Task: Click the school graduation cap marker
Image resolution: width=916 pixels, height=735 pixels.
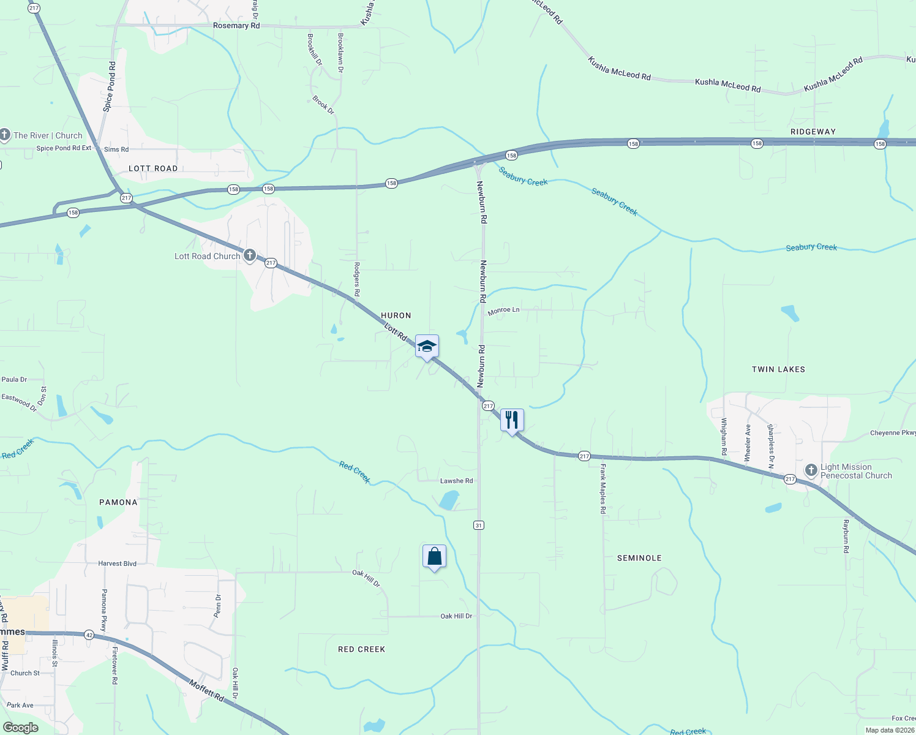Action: (427, 347)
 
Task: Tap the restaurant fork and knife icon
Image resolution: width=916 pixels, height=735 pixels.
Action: (512, 420)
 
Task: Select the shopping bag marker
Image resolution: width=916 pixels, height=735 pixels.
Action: (434, 557)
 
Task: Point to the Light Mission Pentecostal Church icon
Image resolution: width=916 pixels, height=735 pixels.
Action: (811, 470)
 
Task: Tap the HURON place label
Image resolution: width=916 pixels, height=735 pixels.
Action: (396, 315)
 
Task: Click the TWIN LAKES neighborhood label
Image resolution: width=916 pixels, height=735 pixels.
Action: (778, 369)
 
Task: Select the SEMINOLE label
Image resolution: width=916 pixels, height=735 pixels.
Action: (639, 558)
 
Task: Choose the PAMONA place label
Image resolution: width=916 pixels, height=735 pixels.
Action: (119, 502)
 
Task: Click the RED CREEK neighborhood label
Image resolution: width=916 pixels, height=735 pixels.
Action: (362, 649)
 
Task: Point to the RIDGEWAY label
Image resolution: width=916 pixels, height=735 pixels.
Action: (813, 132)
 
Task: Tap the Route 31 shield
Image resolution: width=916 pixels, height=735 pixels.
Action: (479, 525)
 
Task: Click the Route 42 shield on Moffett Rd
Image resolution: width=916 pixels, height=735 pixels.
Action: (89, 635)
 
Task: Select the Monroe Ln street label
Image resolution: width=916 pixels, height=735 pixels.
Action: (503, 311)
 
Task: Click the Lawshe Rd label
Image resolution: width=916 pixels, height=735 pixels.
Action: (457, 481)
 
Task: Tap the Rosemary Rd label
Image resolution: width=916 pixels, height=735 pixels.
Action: (236, 26)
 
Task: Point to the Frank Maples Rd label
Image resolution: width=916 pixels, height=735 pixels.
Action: (603, 489)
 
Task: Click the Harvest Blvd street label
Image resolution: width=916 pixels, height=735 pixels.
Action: (118, 563)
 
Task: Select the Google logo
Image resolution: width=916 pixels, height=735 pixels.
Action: (21, 728)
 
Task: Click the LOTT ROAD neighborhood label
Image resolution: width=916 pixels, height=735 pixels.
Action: (153, 168)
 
